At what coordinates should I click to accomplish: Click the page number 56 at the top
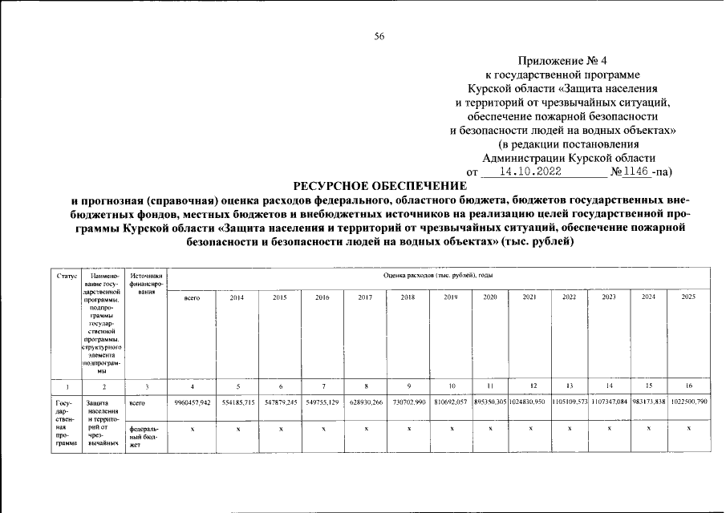pos(379,36)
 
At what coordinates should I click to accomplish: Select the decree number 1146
pos(634,172)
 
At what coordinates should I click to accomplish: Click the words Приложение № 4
pos(563,61)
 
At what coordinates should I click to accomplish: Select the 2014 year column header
pos(237,297)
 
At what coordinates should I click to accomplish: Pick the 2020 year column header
pos(490,297)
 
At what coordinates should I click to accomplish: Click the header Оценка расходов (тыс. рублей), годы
pos(438,275)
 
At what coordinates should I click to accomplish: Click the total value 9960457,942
pos(192,401)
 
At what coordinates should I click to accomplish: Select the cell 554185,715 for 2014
pos(237,401)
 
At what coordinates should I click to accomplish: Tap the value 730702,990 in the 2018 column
pos(409,401)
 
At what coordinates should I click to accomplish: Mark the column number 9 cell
pos(409,386)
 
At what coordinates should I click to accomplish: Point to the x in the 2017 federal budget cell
pos(366,430)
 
